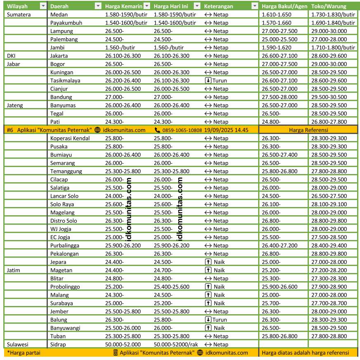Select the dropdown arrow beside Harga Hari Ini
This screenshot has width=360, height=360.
(x=197, y=6)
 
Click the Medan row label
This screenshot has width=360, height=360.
(x=59, y=14)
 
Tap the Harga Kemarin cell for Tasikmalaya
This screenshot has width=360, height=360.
(x=123, y=80)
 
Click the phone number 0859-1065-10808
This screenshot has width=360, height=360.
(x=182, y=130)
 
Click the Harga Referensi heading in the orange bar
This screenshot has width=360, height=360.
(x=308, y=130)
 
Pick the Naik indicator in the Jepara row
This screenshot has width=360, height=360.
(x=215, y=262)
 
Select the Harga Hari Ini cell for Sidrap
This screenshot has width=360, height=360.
(x=177, y=344)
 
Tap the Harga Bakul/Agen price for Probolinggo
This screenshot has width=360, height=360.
(x=280, y=287)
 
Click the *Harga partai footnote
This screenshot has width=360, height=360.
(x=24, y=353)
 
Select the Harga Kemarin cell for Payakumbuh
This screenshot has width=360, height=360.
(x=126, y=23)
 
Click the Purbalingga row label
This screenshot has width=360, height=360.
(x=65, y=245)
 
